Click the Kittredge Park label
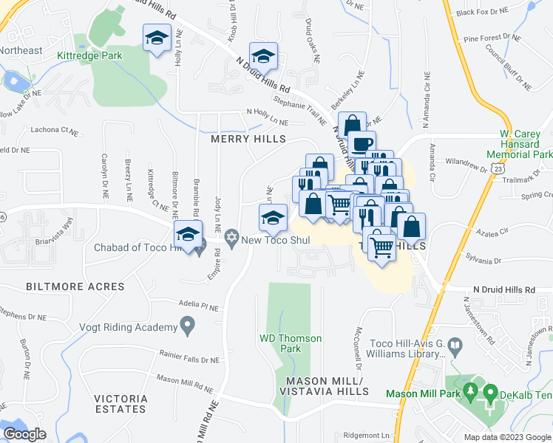[x=89, y=54]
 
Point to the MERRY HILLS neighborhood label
[x=238, y=139]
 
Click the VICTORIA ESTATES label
[x=121, y=404]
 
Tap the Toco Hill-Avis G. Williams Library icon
[x=455, y=345]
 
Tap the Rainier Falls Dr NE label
[x=189, y=358]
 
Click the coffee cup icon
[x=362, y=143]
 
